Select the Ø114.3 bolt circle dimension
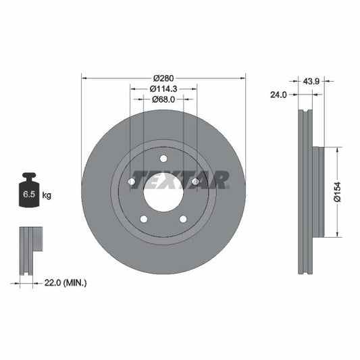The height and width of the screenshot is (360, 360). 163,88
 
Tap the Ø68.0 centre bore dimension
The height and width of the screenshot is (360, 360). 163,99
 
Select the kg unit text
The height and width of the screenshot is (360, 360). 47,195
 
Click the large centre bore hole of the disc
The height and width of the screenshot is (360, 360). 163,192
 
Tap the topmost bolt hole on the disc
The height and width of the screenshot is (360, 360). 163,159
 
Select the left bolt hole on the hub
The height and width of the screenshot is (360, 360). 131,182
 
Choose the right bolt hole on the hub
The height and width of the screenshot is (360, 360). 195,182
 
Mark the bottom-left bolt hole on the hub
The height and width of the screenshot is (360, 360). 143,219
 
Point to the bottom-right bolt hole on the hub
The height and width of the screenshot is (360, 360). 182,219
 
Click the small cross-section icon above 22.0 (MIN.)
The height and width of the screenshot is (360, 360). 30,251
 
